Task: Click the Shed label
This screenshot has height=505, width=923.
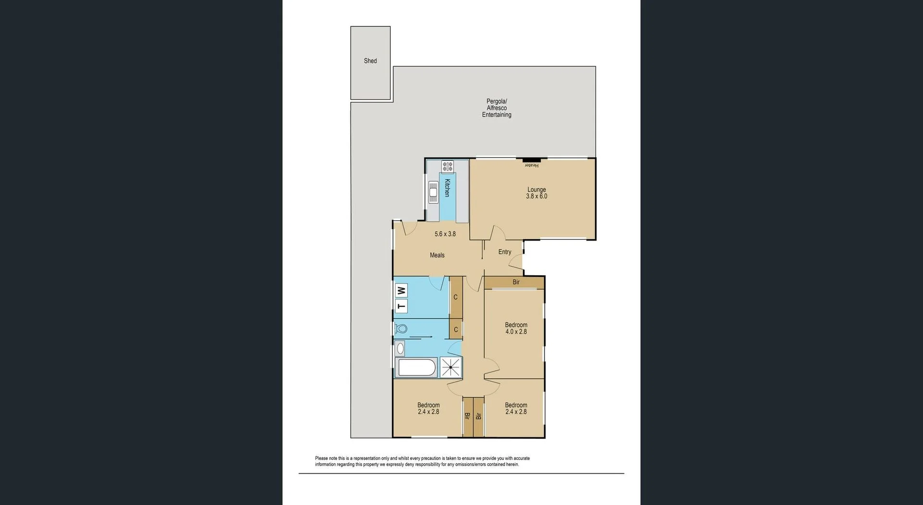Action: [370, 61]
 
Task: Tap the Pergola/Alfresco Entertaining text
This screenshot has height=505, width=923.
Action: [497, 108]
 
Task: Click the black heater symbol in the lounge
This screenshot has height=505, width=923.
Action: [532, 160]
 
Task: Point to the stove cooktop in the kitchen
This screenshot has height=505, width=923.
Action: [448, 167]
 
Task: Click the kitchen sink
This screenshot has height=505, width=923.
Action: [433, 192]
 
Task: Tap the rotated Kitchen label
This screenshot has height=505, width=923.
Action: [447, 188]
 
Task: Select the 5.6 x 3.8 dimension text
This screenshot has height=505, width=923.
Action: [445, 234]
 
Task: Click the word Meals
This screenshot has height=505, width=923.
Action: [437, 255]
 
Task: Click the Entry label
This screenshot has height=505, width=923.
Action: [505, 252]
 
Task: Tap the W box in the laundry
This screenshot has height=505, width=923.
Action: [401, 291]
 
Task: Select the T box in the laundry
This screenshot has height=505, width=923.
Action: [401, 306]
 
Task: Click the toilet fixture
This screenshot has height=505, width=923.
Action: [401, 329]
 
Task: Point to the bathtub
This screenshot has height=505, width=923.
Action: [416, 368]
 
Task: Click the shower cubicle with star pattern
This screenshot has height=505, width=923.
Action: [451, 368]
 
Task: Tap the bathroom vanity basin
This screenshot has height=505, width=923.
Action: [400, 349]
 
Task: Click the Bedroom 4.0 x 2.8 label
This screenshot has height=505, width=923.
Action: [516, 328]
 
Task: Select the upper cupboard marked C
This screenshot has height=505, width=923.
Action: [456, 297]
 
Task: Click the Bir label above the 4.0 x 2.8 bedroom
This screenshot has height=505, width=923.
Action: [516, 282]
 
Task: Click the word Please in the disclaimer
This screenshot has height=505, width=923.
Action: [322, 458]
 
